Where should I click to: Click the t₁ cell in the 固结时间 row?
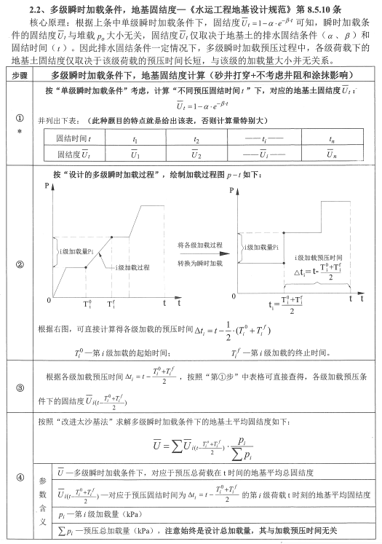(135, 138)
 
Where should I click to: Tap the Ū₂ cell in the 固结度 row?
(196, 154)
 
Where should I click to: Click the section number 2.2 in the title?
(38, 11)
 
